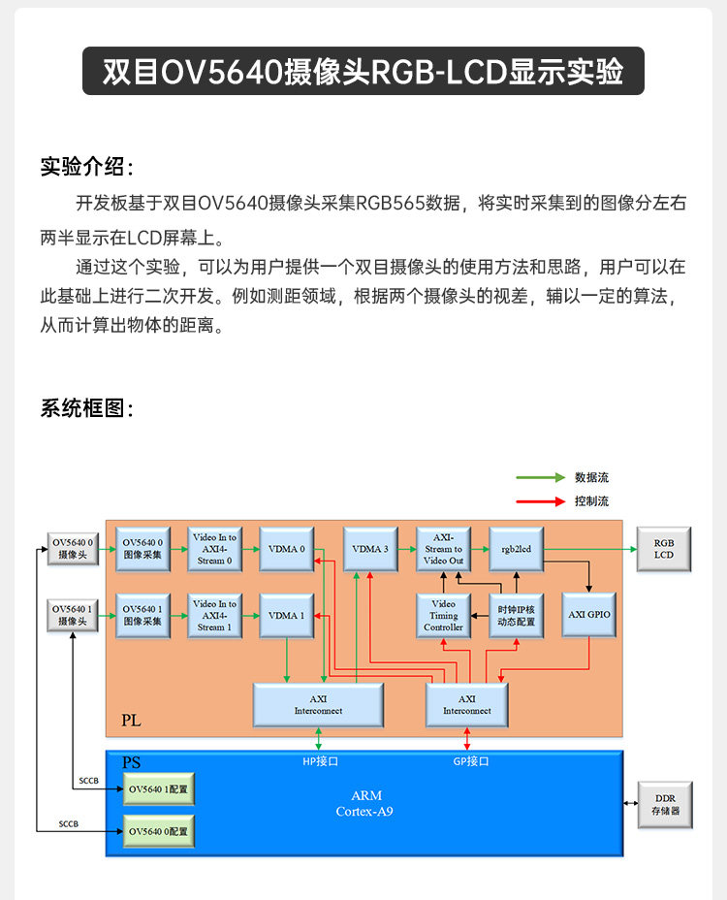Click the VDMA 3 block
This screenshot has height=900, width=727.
371,549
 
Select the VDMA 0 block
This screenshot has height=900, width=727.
286,549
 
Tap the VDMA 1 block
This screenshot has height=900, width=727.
286,616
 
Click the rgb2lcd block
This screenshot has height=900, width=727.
517,549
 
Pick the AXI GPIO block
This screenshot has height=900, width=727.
589,615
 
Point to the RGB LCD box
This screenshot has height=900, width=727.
663,549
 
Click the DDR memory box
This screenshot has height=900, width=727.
665,804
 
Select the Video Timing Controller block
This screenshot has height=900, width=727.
443,616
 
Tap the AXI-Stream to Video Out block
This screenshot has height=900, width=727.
443,549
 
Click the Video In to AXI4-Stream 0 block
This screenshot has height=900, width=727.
214,549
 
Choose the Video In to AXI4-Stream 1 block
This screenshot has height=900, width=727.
214,616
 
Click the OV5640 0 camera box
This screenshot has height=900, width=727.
74,549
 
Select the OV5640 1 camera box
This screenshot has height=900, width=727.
74,615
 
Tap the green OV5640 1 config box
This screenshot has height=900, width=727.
158,789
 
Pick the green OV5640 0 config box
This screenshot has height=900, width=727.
158,831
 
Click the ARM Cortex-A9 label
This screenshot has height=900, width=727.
364,803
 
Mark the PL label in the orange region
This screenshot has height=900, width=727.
131,721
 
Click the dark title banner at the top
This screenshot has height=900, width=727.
363,71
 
